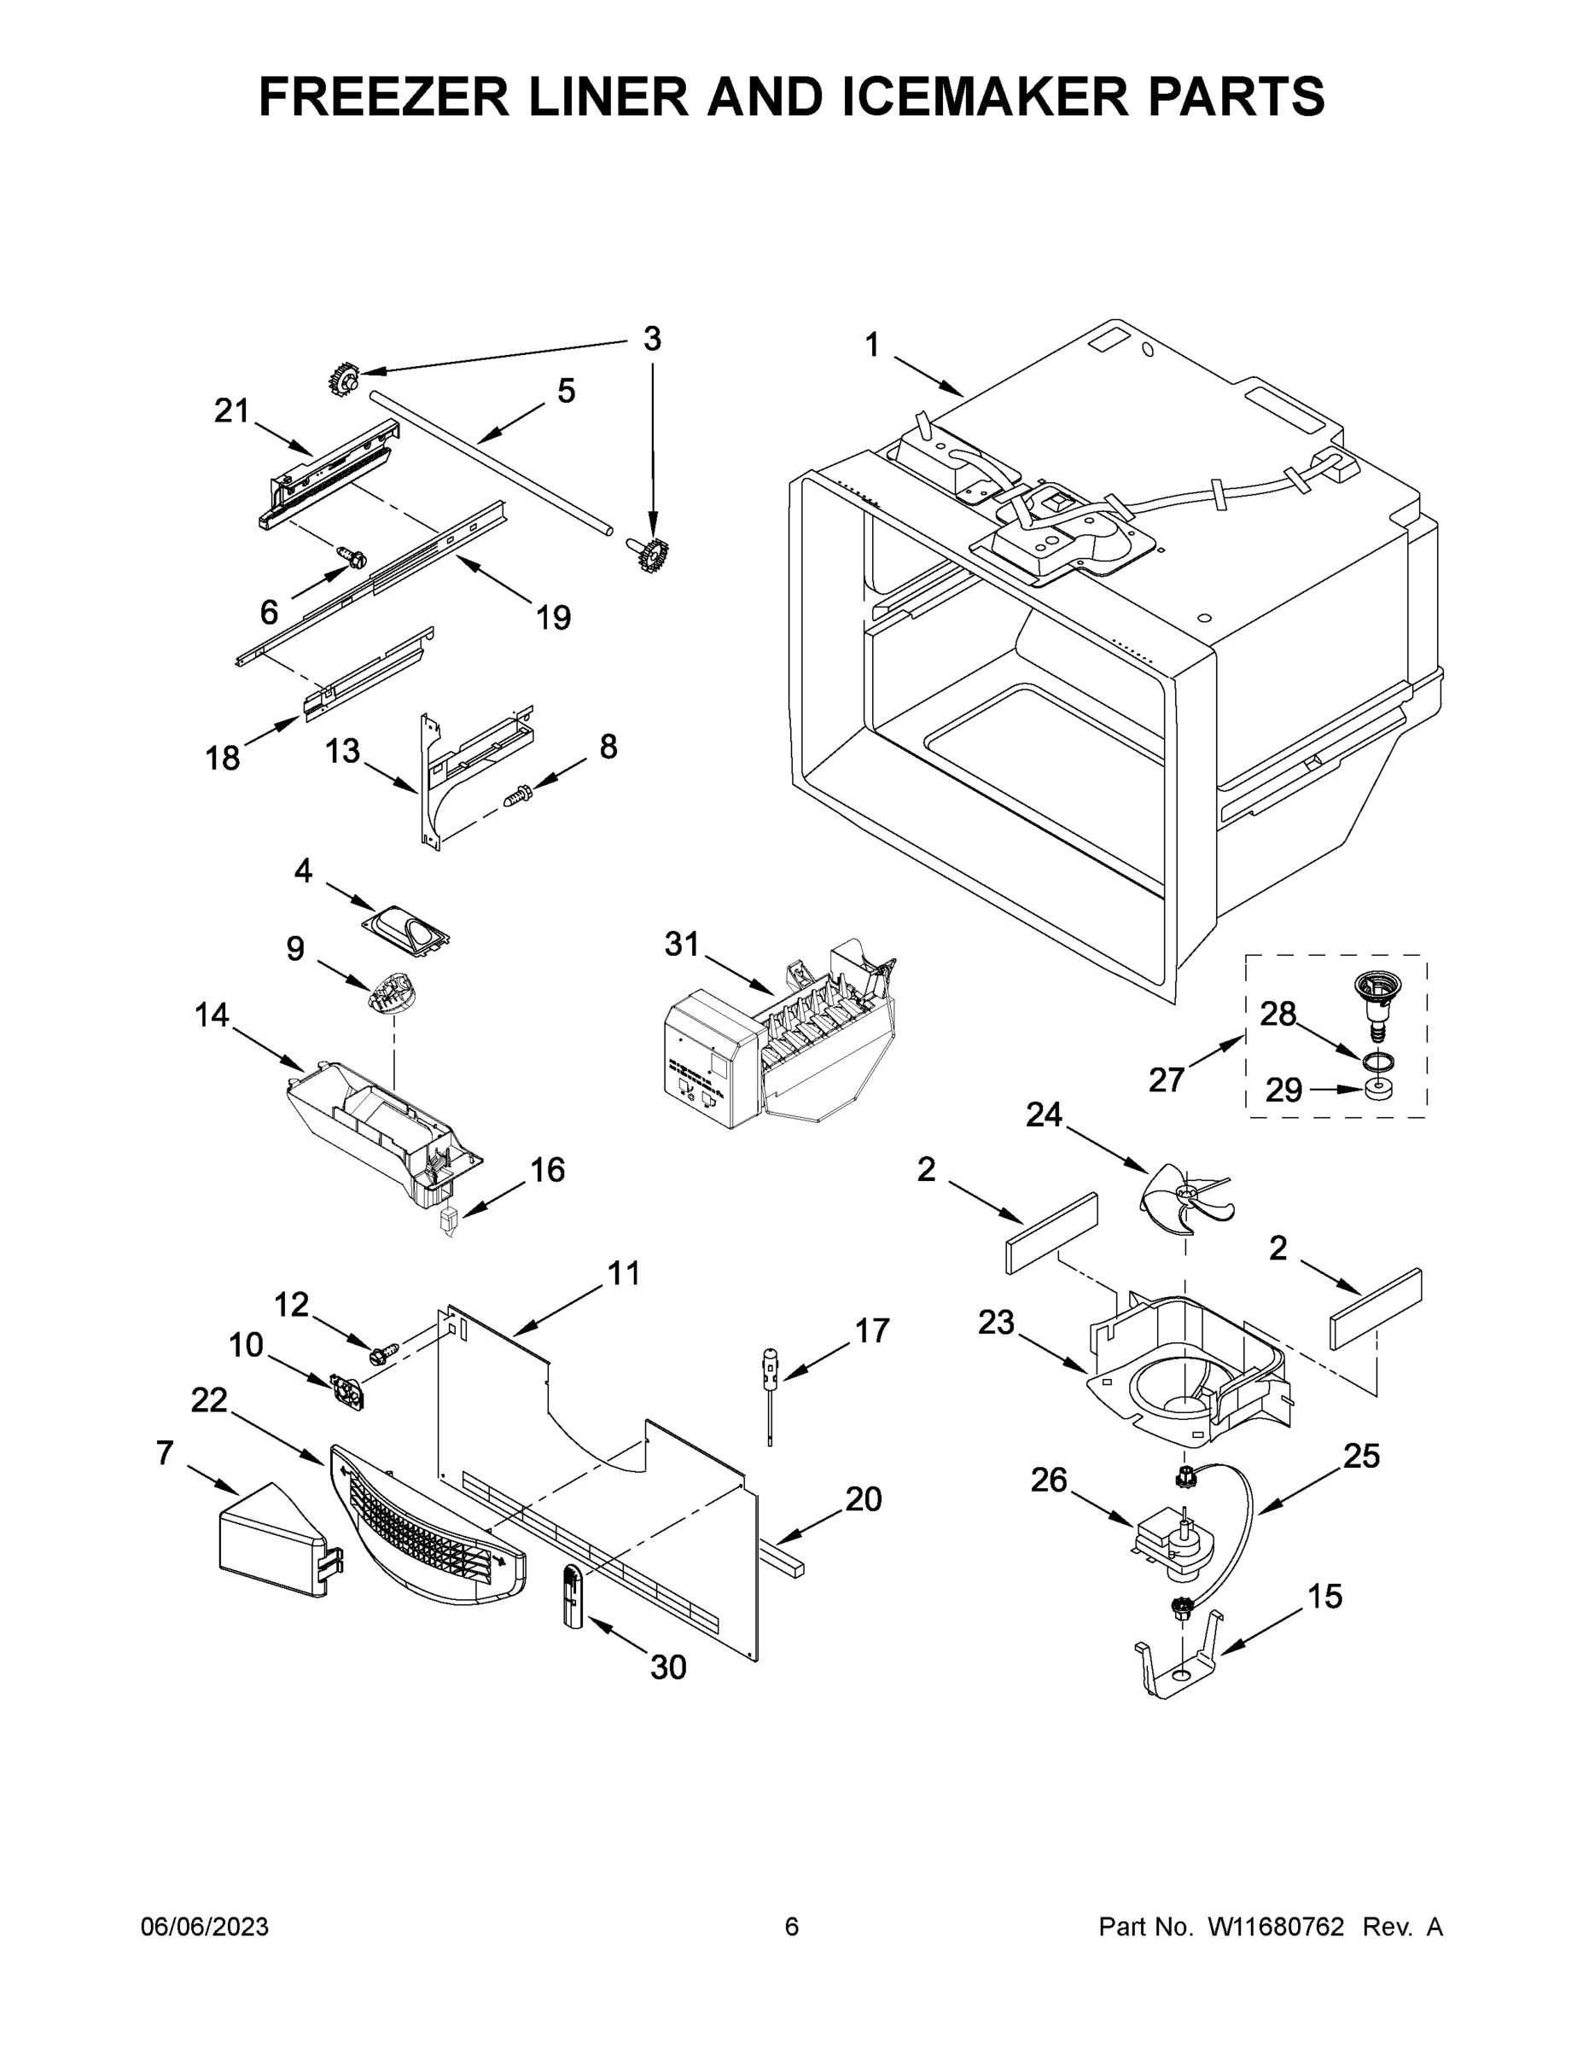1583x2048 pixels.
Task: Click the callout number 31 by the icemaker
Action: [682, 945]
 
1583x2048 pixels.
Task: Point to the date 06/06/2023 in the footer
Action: [205, 1926]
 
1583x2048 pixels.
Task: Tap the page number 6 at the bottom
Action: [792, 1926]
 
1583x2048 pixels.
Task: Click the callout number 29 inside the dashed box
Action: [1283, 1091]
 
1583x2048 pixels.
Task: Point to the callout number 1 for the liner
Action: [872, 346]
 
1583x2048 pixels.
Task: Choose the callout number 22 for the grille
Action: [209, 1426]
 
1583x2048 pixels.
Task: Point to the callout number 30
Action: [669, 1667]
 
